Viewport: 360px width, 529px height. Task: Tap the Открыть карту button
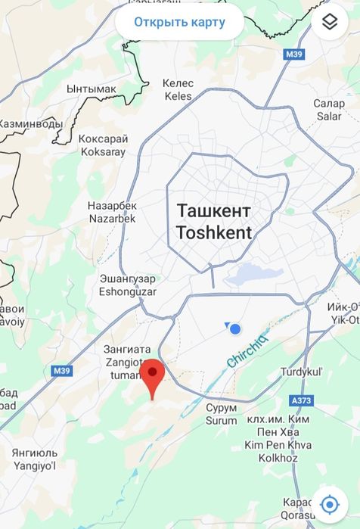pos(179,22)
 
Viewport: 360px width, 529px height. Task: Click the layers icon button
pos(329,22)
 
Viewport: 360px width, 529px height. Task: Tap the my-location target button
pos(329,504)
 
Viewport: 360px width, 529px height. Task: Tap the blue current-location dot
pos(235,328)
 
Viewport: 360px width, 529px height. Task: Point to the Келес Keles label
pos(178,89)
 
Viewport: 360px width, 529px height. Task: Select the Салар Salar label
pos(329,110)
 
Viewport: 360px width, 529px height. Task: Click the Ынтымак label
pos(92,89)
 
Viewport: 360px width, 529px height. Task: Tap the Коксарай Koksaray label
pos(104,145)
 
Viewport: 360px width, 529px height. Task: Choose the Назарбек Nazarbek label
pos(112,211)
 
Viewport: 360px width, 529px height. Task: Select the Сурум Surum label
pos(221,414)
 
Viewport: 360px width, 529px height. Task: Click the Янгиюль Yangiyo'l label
pos(34,459)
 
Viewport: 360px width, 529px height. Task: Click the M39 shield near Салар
pos(293,54)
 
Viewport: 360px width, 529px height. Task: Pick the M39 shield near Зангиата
pos(61,371)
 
